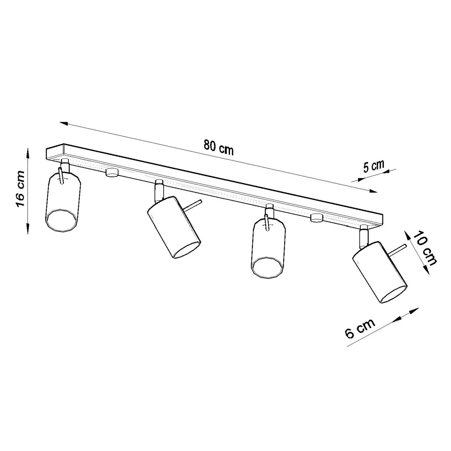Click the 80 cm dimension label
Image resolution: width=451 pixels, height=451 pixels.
(219, 147)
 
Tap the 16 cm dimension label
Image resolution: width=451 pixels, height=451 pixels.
(20, 189)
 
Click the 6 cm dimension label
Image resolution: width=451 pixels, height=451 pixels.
(360, 328)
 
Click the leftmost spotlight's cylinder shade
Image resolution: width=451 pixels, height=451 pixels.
(63, 202)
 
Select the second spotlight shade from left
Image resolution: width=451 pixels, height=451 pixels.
(174, 227)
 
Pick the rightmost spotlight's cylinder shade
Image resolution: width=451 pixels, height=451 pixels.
(380, 272)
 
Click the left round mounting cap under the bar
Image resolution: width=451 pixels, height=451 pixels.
(112, 172)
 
